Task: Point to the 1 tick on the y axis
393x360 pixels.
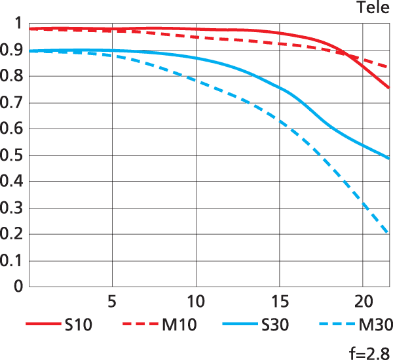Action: (18, 25)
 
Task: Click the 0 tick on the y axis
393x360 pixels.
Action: (18, 287)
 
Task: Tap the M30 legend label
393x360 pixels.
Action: (374, 324)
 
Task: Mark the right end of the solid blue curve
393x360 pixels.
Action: (389, 158)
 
